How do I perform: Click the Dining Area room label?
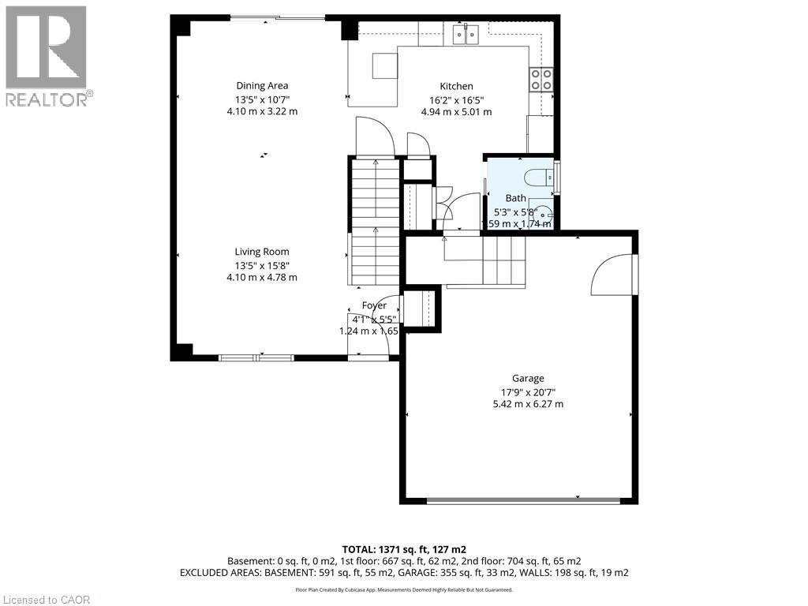tap(262, 86)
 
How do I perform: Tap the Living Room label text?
tap(262, 252)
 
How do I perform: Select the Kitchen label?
tap(456, 86)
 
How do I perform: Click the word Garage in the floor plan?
tap(528, 378)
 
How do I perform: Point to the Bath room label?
tap(515, 199)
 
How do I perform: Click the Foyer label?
tap(374, 305)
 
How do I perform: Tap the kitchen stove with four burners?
tap(541, 80)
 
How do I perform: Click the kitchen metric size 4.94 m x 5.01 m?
tap(456, 112)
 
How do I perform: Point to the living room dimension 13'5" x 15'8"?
tap(262, 265)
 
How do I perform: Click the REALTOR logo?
tap(47, 56)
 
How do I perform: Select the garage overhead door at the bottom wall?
tap(523, 499)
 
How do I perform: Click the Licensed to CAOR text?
tap(47, 600)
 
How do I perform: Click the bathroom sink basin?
tap(547, 213)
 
